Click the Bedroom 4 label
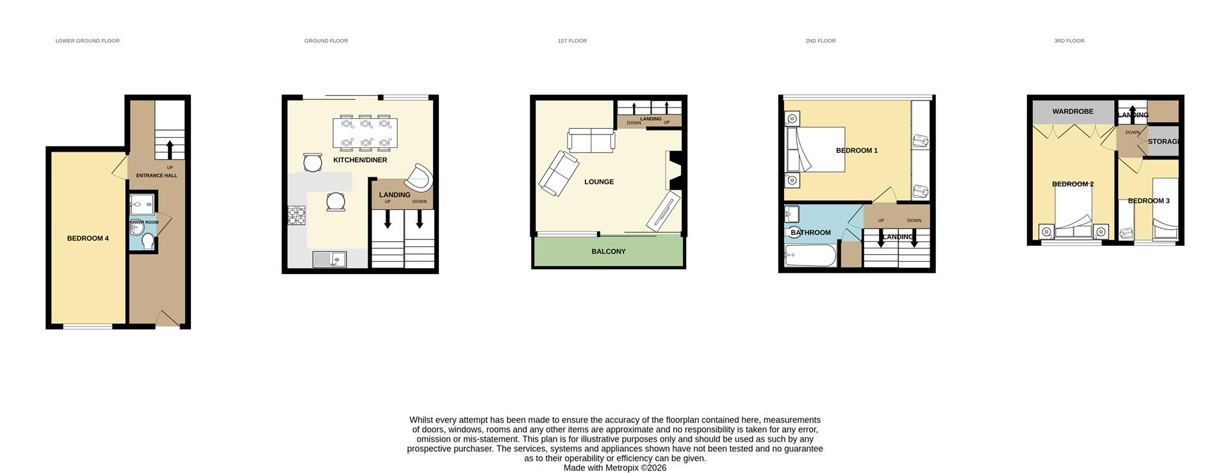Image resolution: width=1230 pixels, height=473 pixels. point(88,239)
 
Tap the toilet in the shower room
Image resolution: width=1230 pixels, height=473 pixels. point(148,242)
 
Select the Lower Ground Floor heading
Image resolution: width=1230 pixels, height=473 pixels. point(87,41)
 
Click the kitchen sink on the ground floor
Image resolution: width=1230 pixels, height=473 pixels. point(329,259)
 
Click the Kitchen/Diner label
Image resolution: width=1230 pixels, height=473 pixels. point(360,160)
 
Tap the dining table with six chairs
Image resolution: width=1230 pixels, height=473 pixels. point(365,132)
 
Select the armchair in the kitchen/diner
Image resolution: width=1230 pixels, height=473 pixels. point(419,177)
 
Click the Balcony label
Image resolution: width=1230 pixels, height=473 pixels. point(608,252)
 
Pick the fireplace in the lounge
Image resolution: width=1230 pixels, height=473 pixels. point(675,170)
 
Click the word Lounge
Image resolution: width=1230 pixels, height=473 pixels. point(599,182)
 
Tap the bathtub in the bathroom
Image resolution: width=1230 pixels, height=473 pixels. point(810,256)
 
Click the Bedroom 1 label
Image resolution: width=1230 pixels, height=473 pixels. point(857,151)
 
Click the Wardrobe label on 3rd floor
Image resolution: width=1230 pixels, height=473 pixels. point(1072,111)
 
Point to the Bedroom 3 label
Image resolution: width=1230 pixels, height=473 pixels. point(1149,201)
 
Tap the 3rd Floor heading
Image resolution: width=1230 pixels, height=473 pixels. point(1069,41)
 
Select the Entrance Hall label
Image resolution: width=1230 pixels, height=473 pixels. point(156,175)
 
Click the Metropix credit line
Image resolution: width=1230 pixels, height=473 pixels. point(614,468)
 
